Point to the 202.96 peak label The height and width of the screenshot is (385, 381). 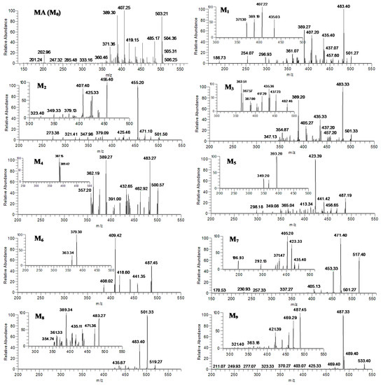point(43,51)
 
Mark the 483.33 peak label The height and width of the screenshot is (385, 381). point(343,83)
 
